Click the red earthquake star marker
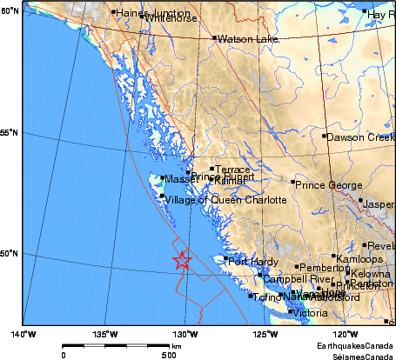tap(182, 260)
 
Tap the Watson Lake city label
tap(241, 39)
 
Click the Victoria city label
tap(310, 312)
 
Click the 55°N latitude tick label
tap(10, 132)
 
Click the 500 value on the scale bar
tap(169, 355)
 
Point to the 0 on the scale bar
tap(63, 355)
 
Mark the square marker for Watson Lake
tap(214, 37)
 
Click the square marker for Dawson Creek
tap(324, 136)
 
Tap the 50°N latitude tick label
tap(10, 254)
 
